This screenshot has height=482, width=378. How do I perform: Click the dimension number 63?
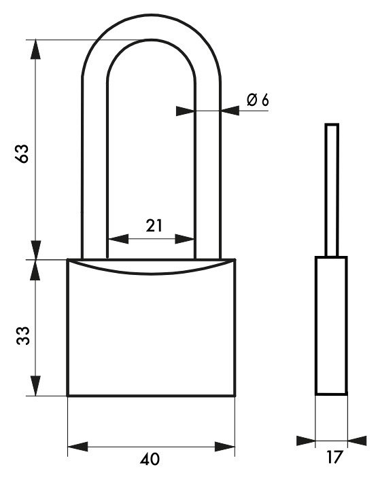tap(22, 153)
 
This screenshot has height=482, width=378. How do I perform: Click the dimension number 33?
tap(23, 335)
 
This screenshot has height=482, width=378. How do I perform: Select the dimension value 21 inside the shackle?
tap(154, 226)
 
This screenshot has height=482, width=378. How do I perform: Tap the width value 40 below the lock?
tap(150, 459)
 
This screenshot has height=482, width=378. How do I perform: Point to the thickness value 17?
tap(334, 457)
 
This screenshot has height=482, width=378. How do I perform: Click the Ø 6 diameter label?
tap(258, 100)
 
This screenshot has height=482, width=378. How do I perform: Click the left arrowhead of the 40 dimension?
tap(78, 447)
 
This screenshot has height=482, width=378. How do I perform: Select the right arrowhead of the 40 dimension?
tap(225, 447)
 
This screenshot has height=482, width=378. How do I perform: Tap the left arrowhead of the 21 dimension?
tap(118, 239)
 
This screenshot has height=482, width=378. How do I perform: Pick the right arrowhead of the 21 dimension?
tap(185, 239)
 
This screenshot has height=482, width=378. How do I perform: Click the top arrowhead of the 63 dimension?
tap(36, 50)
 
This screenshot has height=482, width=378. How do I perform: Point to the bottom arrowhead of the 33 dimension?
tap(36, 386)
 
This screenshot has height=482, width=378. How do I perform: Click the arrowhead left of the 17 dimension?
tap(306, 441)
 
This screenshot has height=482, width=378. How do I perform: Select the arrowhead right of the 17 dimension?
tap(357, 441)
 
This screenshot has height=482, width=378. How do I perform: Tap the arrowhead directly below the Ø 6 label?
tap(230, 111)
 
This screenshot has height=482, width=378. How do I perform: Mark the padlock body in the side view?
tap(332, 326)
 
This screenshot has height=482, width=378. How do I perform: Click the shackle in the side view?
tap(332, 190)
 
